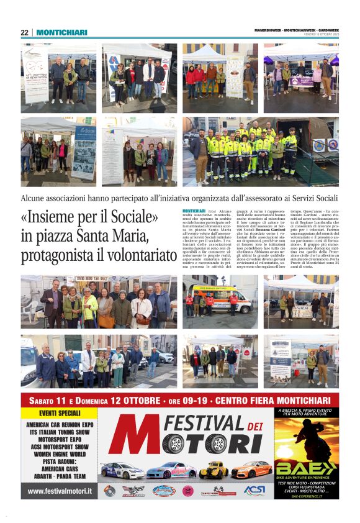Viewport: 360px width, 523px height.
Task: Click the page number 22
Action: [x=24, y=32]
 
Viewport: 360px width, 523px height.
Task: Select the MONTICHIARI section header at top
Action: [x=61, y=32]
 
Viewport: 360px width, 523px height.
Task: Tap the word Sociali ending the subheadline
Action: [x=323, y=199]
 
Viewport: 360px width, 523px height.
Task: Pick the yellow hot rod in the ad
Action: [x=214, y=470]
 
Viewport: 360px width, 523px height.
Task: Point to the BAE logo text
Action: [x=307, y=467]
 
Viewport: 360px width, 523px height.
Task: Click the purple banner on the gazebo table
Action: [x=301, y=81]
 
